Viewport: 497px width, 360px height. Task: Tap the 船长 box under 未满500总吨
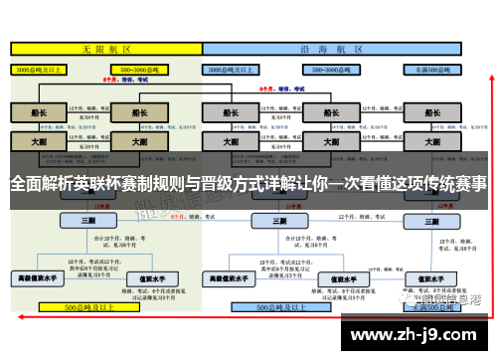[x=432, y=112]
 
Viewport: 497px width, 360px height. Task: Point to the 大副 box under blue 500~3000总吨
[x=325, y=142]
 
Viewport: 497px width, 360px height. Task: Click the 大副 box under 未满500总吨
[x=432, y=142]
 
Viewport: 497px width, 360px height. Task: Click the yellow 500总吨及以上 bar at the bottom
[x=99, y=309]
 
